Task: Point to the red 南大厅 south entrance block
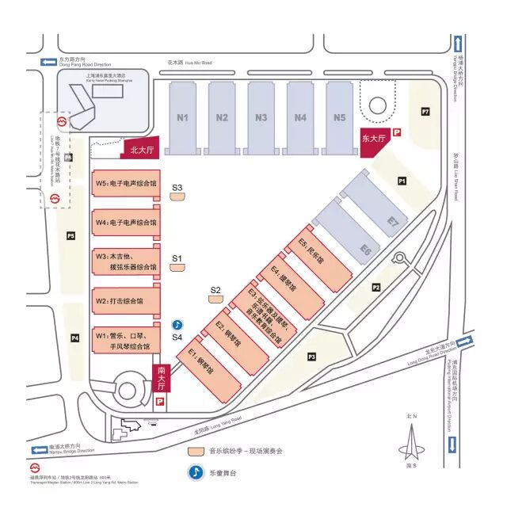click(160, 378)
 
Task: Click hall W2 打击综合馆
click(126, 301)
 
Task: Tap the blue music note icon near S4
click(178, 325)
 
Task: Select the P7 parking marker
click(425, 112)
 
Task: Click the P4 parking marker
click(75, 338)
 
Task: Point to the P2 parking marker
click(376, 288)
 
